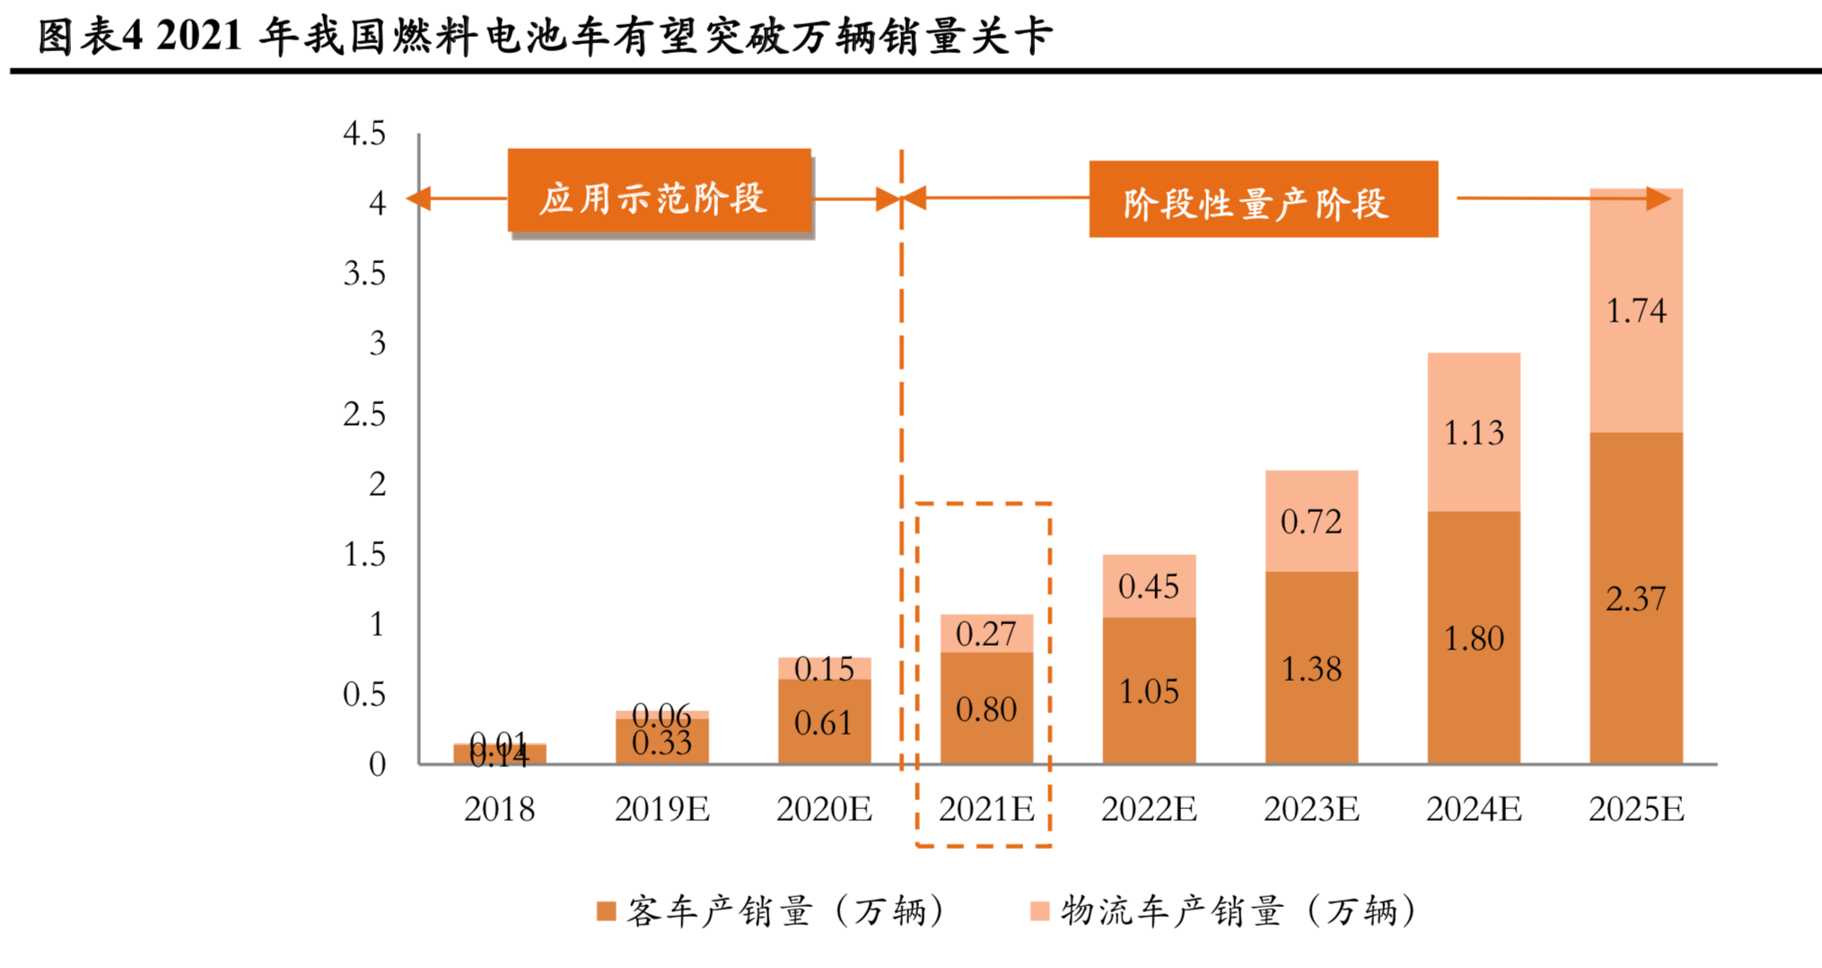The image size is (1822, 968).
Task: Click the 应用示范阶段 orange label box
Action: point(659,190)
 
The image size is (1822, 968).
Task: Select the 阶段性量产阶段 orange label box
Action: point(1263,199)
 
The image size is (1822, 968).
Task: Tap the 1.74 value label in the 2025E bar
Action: point(1635,312)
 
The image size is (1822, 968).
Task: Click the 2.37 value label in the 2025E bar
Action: point(1635,599)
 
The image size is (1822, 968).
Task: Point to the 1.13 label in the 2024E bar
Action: point(1473,434)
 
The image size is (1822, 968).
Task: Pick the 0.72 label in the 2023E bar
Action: point(1310,522)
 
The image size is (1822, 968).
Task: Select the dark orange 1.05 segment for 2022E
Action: point(1149,691)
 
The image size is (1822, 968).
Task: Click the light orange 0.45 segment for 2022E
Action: point(1149,586)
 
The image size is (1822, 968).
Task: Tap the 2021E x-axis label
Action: point(985,810)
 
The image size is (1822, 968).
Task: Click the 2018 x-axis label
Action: point(499,810)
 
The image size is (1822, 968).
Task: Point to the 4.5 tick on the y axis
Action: point(364,134)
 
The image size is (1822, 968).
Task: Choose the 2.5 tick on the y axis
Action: point(364,414)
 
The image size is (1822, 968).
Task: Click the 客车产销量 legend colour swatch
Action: point(607,912)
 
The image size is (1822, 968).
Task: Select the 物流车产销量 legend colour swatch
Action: point(1039,912)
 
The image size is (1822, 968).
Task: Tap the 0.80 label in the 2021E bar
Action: point(985,710)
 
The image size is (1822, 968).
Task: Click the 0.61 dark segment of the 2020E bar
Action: point(824,722)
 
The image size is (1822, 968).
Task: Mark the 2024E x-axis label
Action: point(1473,810)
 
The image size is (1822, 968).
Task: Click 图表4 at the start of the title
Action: point(90,37)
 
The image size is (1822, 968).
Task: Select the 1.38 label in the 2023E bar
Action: point(1310,669)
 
